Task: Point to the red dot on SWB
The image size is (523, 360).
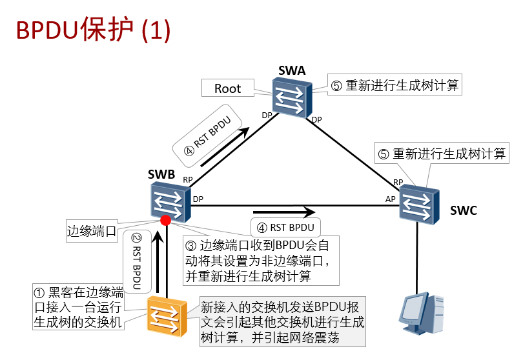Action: coord(166,221)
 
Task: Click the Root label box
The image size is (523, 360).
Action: coord(227,89)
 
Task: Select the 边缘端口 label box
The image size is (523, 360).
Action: coord(92,230)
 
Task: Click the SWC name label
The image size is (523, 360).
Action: coord(464,210)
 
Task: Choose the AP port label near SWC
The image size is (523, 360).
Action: coord(390,199)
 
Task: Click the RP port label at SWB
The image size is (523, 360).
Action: coord(187,180)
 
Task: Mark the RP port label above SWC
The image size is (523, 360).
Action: coord(398,183)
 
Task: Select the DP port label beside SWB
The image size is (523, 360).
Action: coord(198,199)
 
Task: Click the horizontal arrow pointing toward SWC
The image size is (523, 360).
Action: coord(283,211)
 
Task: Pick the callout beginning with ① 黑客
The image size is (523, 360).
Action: coord(78,307)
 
